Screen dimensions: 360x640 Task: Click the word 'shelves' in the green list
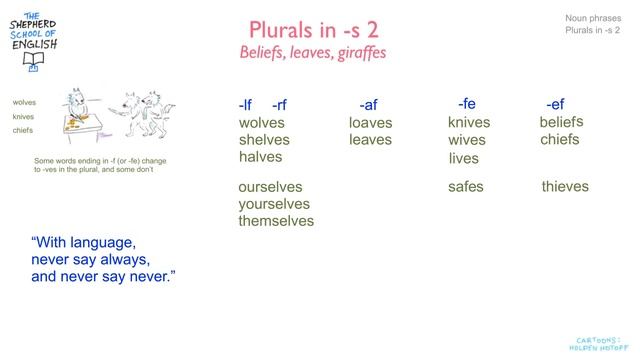pos(264,140)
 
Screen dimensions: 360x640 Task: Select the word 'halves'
pos(260,157)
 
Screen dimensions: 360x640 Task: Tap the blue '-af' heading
pos(368,105)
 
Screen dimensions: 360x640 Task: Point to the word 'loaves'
pos(371,123)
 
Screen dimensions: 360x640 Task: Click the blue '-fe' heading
pos(466,103)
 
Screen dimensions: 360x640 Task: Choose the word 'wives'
pos(467,140)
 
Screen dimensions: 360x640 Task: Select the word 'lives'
pos(464,158)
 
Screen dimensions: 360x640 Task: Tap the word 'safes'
pos(466,186)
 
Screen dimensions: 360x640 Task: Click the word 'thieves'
pos(565,186)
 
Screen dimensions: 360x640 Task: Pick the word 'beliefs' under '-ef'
pos(561,122)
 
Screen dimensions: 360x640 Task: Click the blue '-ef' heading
pos(555,104)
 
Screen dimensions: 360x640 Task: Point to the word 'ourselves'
pos(270,187)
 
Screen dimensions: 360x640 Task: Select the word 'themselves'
pos(276,221)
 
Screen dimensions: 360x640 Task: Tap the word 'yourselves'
pos(274,204)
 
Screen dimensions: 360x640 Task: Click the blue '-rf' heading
pos(279,105)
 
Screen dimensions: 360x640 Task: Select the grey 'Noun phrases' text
pos(592,18)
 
